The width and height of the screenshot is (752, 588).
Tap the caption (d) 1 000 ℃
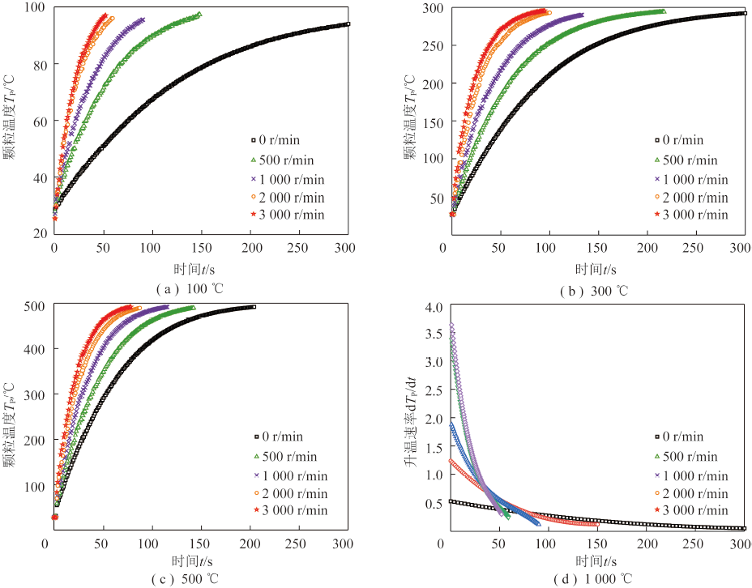click(592, 578)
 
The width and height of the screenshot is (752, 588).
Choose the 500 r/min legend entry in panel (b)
click(684, 160)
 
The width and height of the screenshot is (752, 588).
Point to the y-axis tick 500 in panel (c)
click(34, 305)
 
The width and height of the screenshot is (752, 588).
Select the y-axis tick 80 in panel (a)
click(37, 65)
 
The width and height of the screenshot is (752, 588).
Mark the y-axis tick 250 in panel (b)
click(431, 46)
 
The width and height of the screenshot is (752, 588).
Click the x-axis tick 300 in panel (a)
click(347, 249)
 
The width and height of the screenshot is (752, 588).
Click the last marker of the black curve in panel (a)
click(347, 24)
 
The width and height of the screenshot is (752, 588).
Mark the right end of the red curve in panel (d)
click(596, 524)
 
